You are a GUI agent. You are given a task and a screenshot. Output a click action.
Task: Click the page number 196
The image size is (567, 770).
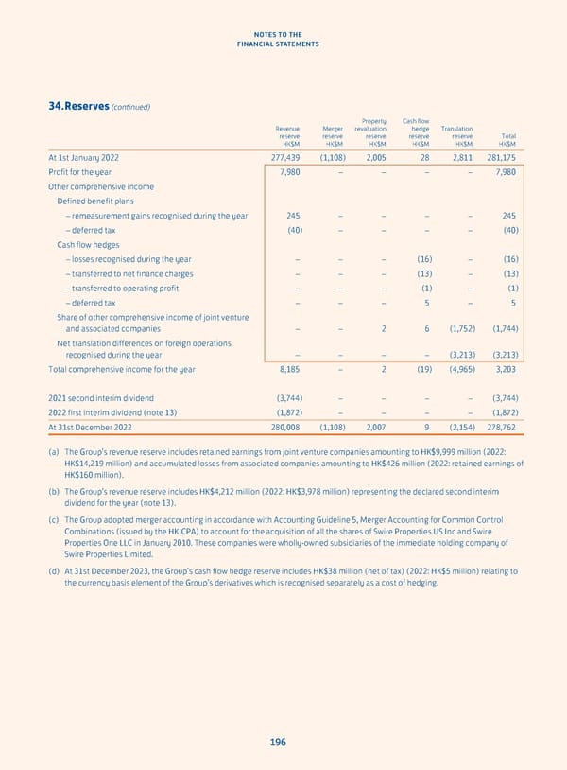click(x=277, y=742)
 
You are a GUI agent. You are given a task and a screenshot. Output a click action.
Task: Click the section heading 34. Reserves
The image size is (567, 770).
click(x=73, y=106)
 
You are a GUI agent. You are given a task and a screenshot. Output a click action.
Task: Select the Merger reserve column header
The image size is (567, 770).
click(x=334, y=136)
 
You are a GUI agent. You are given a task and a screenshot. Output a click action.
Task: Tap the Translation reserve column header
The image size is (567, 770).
click(x=456, y=136)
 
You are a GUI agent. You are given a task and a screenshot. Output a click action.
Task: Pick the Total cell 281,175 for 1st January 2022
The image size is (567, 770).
click(x=500, y=157)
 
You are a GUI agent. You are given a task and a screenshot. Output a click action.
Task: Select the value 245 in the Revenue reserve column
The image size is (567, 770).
click(x=293, y=216)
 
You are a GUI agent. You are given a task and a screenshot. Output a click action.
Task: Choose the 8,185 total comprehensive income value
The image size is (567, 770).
click(x=288, y=369)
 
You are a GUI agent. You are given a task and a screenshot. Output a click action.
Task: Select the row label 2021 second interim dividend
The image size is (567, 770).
click(x=100, y=397)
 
